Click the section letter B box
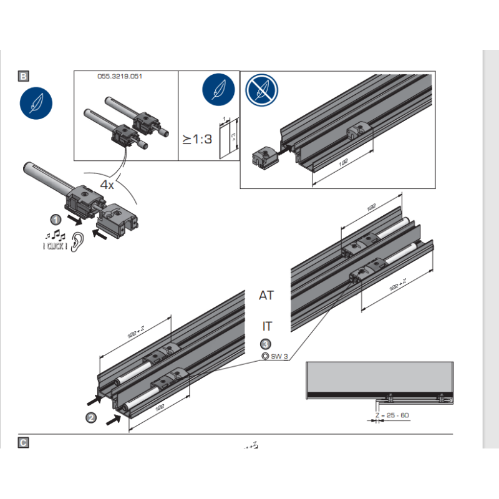23,77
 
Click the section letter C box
23,442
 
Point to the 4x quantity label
108,185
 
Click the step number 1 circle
56,220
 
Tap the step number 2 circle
92,417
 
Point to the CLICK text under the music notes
55,248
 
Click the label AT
266,296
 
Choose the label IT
266,326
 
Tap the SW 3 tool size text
279,357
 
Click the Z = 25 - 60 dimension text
392,415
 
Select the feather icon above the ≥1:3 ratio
218,90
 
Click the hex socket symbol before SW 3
266,357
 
